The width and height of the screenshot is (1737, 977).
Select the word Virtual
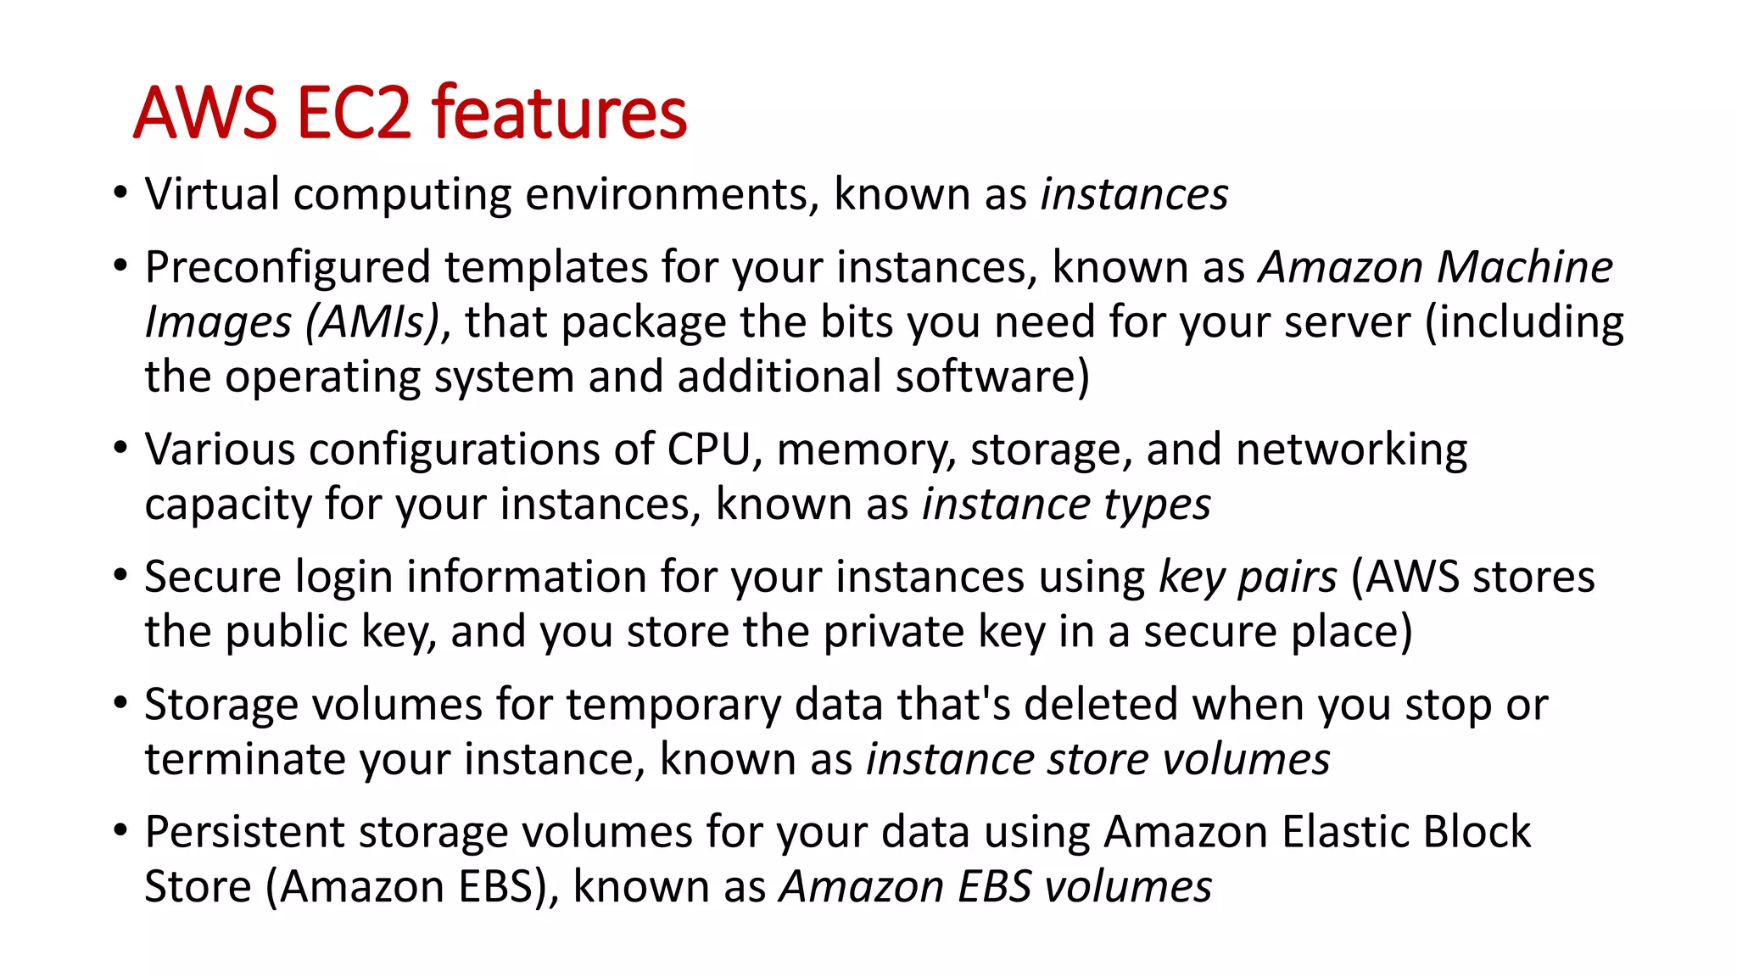point(212,194)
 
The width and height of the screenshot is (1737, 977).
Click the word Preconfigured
point(288,267)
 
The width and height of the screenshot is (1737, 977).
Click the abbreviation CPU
point(709,449)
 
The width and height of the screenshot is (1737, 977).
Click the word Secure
point(212,577)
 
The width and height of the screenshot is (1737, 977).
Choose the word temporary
point(673,705)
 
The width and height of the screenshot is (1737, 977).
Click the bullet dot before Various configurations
point(120,447)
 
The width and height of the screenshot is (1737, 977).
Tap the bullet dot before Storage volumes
point(120,702)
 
